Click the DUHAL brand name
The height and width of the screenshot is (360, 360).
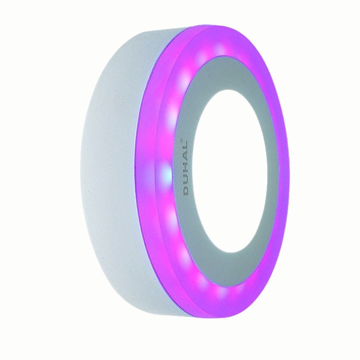(186, 168)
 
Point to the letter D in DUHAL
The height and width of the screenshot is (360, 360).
(186, 191)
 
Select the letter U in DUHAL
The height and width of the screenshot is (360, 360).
(186, 180)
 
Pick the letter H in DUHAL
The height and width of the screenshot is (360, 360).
(186, 169)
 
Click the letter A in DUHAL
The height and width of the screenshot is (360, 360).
(186, 158)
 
